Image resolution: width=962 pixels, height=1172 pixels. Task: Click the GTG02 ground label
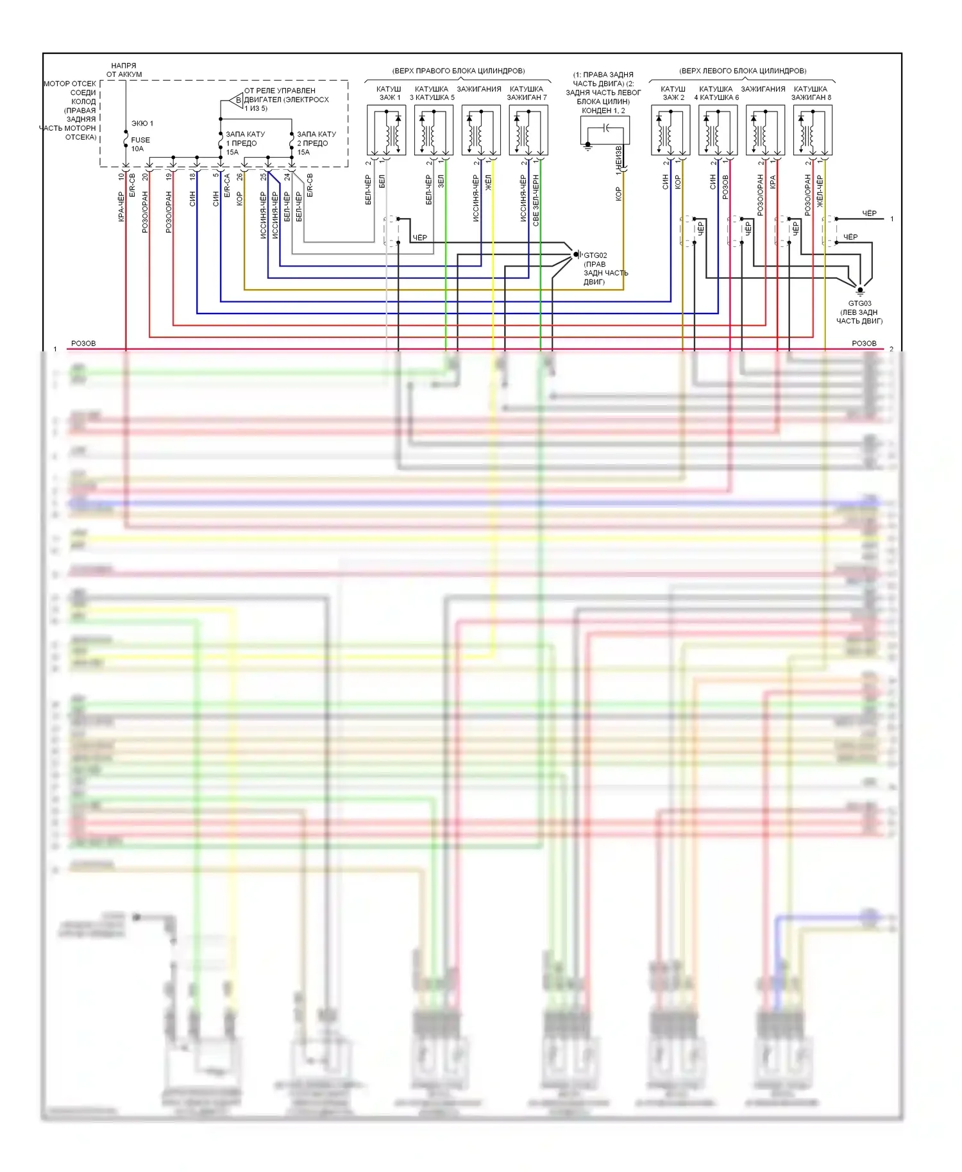(595, 255)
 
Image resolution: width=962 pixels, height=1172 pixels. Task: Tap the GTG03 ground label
(859, 303)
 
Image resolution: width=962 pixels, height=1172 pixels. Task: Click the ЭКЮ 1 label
(142, 123)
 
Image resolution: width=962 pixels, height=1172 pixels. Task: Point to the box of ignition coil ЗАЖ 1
(386, 130)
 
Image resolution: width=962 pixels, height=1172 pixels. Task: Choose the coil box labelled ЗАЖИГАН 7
(528, 130)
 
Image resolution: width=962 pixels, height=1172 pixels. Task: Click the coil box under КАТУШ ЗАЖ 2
(670, 130)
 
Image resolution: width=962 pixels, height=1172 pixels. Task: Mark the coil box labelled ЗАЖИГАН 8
(813, 130)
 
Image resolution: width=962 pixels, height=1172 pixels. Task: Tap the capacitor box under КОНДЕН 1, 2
(605, 130)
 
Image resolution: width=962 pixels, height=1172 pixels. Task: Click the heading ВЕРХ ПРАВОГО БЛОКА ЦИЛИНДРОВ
(458, 71)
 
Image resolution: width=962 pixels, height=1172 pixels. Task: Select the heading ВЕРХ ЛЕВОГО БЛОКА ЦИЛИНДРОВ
(743, 71)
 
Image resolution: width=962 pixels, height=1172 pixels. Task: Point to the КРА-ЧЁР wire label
(121, 206)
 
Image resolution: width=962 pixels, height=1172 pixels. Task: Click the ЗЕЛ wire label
(441, 181)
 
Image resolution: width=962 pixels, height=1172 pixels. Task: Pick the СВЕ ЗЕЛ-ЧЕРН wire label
(536, 201)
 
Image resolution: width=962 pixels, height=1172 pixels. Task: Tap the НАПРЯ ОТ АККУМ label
(124, 70)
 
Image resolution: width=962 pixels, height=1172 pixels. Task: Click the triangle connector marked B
(235, 100)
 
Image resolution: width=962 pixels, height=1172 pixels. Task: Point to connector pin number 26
(240, 176)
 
